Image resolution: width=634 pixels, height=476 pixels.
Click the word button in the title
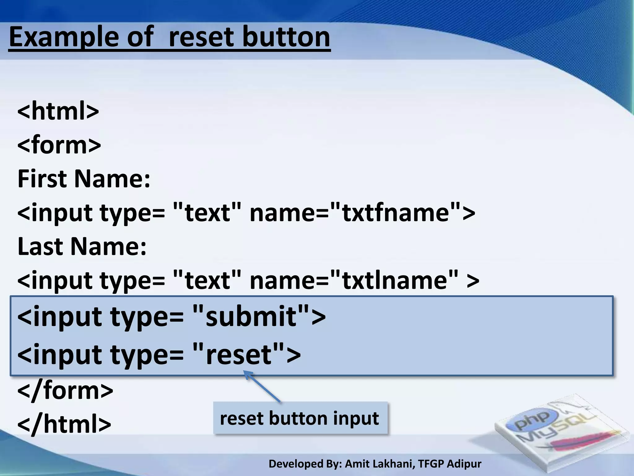286,37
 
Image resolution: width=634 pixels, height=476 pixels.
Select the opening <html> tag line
58,111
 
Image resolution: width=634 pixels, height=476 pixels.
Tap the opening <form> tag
59,145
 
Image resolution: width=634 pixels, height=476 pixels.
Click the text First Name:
84,179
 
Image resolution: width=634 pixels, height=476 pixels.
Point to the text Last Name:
82,246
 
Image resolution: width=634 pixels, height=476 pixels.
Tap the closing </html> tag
64,424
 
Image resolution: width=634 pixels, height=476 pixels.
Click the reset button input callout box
300,418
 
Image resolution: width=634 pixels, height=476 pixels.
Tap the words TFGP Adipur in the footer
449,464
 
